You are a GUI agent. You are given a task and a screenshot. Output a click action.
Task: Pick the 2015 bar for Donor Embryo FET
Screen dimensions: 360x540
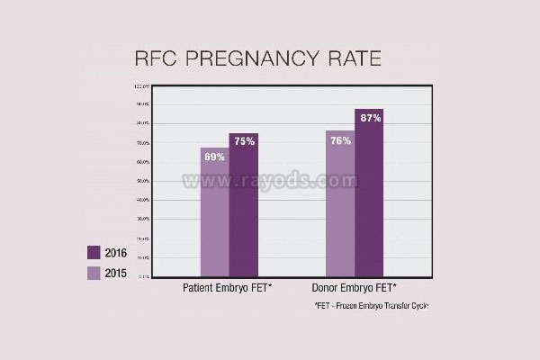(x=340, y=211)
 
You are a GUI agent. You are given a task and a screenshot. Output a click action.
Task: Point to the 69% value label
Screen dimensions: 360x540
(x=215, y=157)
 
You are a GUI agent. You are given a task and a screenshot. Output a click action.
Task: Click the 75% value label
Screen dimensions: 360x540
(x=243, y=141)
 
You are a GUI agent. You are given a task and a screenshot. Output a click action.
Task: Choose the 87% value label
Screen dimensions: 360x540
(x=369, y=118)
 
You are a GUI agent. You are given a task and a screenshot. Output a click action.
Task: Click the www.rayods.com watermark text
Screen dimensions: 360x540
(x=270, y=181)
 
